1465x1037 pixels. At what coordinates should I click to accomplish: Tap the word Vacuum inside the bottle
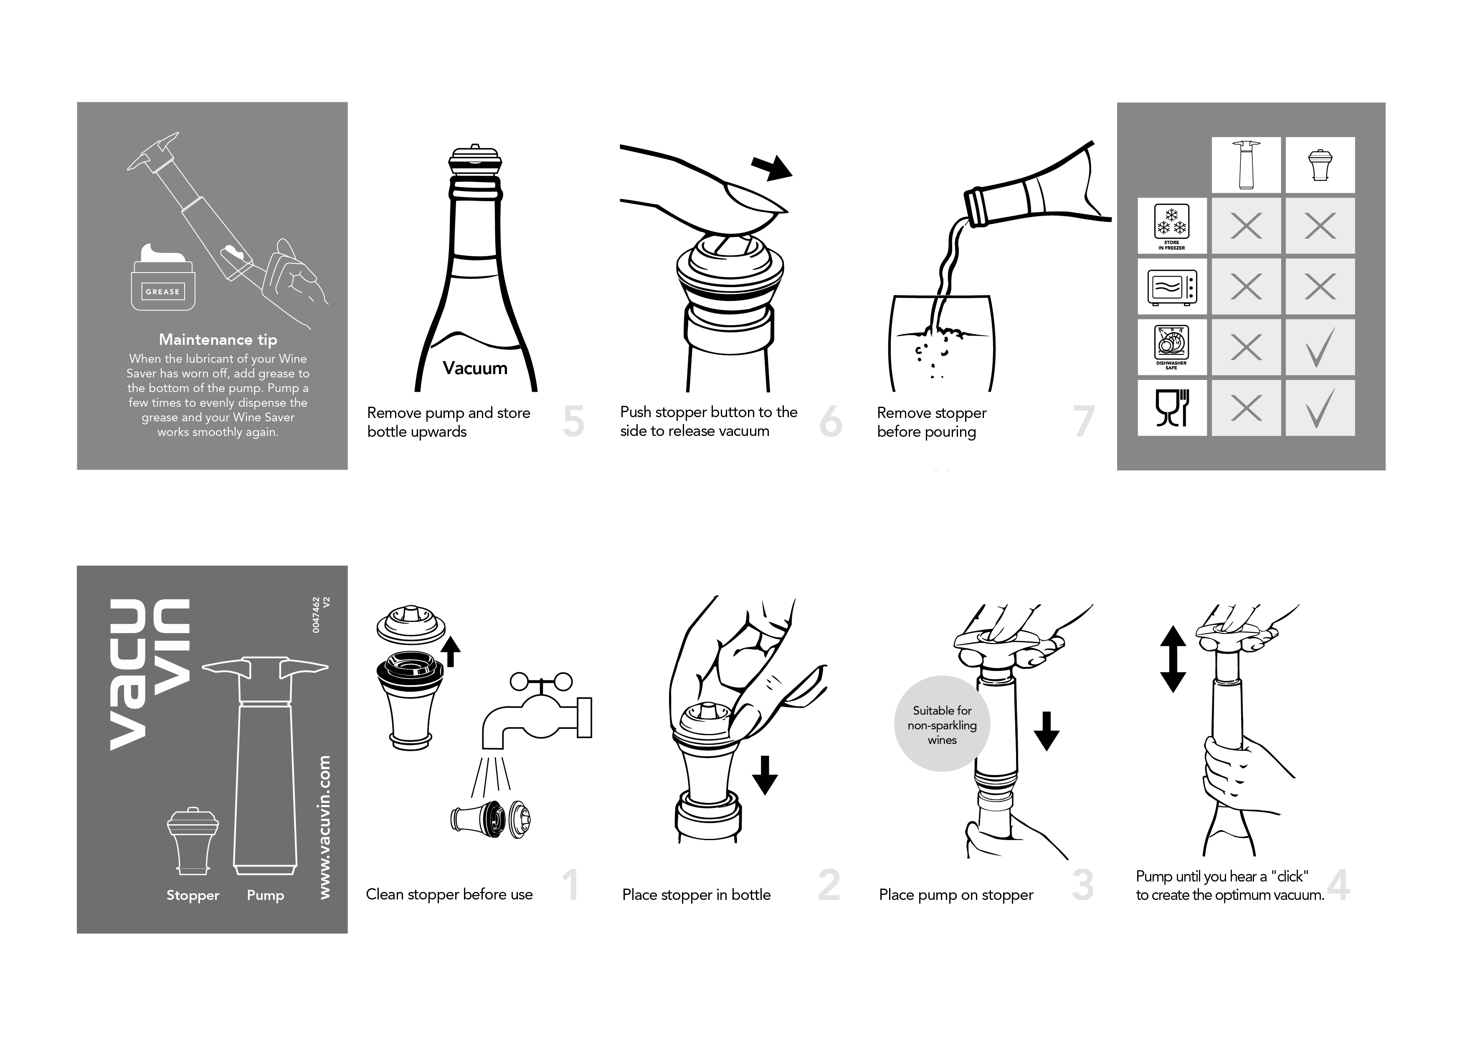pos(475,368)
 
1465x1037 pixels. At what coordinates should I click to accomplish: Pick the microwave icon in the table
pos(1172,287)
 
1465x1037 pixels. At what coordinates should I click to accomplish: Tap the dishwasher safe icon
pos(1172,347)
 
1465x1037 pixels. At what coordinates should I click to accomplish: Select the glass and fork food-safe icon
pos(1172,408)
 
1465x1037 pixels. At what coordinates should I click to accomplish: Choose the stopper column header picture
pos(1320,165)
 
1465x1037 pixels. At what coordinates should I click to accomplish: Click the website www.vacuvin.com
pos(325,828)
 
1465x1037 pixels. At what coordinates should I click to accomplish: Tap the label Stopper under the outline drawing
pos(193,895)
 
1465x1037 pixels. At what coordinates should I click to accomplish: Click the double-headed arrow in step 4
pos(1173,659)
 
